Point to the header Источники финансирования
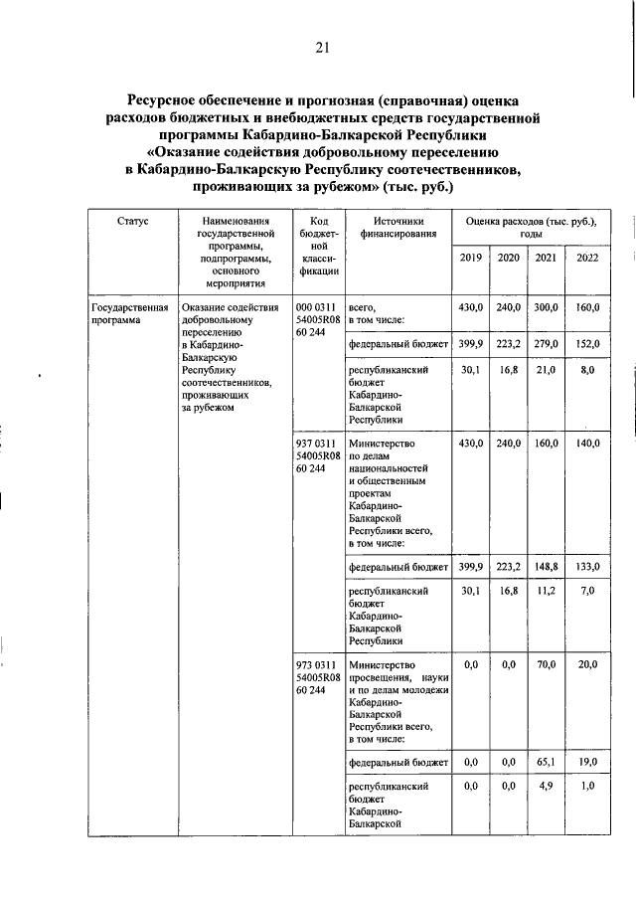(399, 228)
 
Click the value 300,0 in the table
(547, 308)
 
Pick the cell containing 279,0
(547, 344)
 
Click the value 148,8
(547, 566)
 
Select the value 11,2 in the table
(547, 591)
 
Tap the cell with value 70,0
(547, 664)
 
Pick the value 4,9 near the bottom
(547, 787)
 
